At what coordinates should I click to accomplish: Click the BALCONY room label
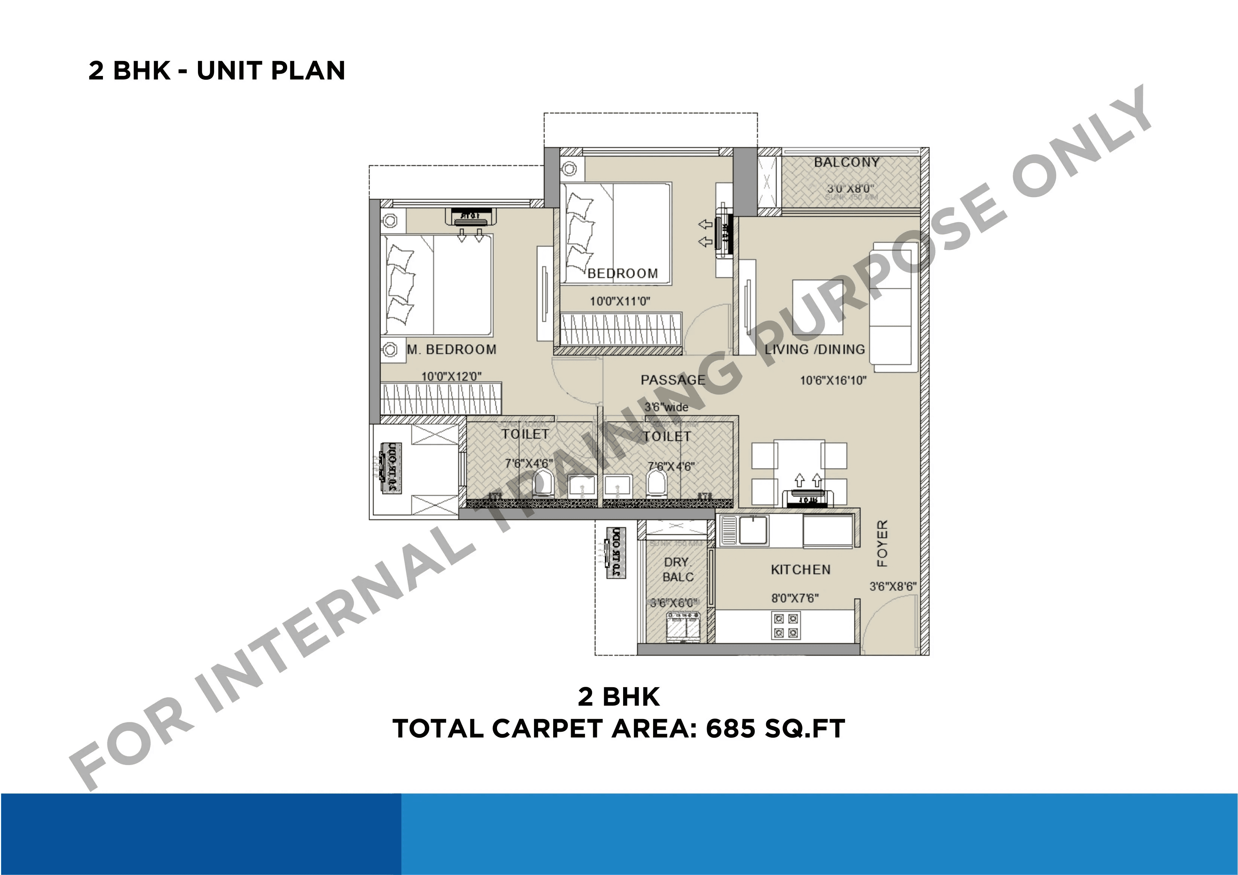click(846, 162)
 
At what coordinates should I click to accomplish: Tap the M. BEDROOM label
click(451, 349)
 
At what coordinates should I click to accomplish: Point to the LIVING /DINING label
click(814, 349)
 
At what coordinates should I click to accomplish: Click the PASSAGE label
click(673, 380)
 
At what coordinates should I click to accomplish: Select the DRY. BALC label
click(677, 569)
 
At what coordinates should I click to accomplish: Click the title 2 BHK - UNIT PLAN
click(217, 71)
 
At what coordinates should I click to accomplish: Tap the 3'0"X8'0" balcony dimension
click(850, 189)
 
